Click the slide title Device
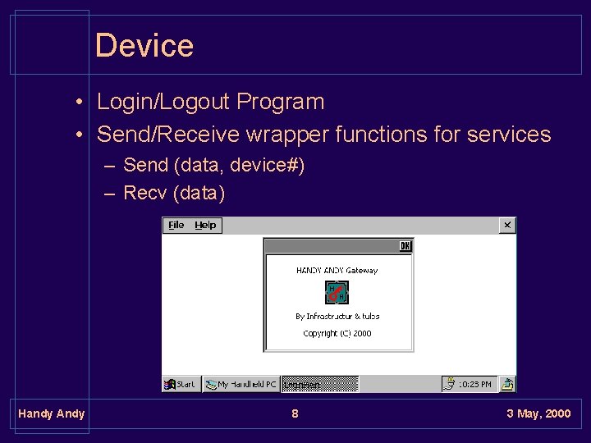pos(144,45)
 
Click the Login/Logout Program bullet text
pos(210,102)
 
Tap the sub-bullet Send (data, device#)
pos(213,165)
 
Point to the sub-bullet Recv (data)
pos(173,193)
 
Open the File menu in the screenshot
pos(176,225)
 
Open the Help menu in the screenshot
pos(205,225)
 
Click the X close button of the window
pos(507,225)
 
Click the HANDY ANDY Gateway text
pos(337,270)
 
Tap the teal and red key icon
pos(337,292)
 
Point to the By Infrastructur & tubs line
pos(337,316)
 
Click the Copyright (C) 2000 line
pos(337,333)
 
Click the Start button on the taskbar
pos(181,384)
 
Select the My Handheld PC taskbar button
pos(241,384)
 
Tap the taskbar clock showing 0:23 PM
pos(474,384)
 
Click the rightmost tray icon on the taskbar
pos(507,384)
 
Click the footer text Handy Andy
pos(51,413)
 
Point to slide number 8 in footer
pos(295,413)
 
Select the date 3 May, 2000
pos(538,413)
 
